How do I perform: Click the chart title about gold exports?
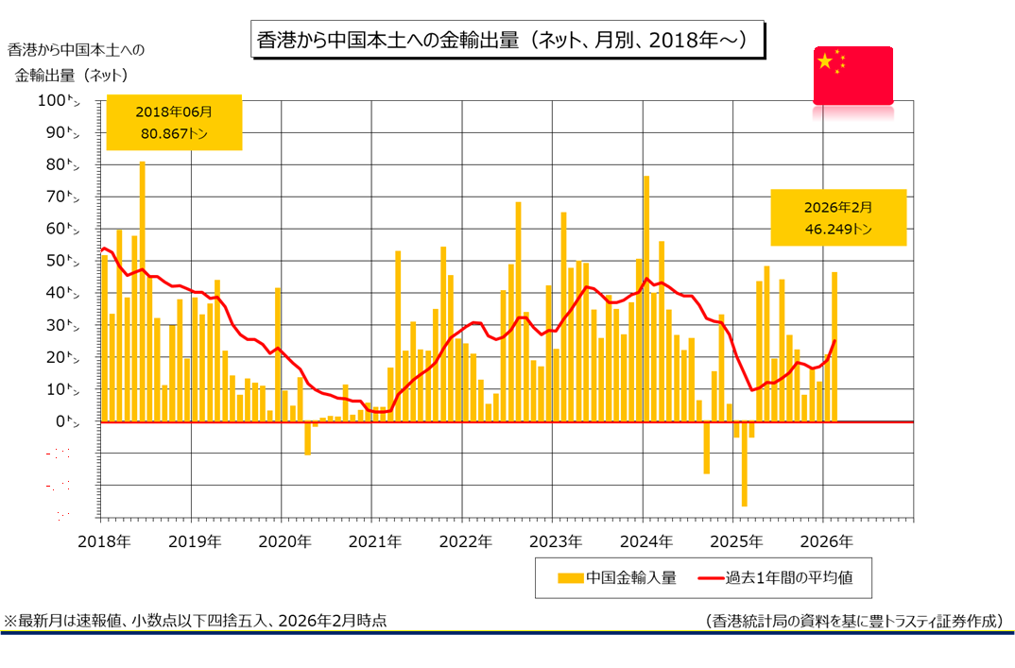[507, 41]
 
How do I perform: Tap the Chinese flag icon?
[853, 74]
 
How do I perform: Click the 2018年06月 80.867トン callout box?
[175, 122]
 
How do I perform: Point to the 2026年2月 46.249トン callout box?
[838, 217]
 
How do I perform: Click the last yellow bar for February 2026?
[834, 347]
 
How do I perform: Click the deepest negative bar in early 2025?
[744, 464]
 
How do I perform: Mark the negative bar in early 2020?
[307, 438]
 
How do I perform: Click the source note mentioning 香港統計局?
[852, 621]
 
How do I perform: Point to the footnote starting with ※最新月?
[197, 621]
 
